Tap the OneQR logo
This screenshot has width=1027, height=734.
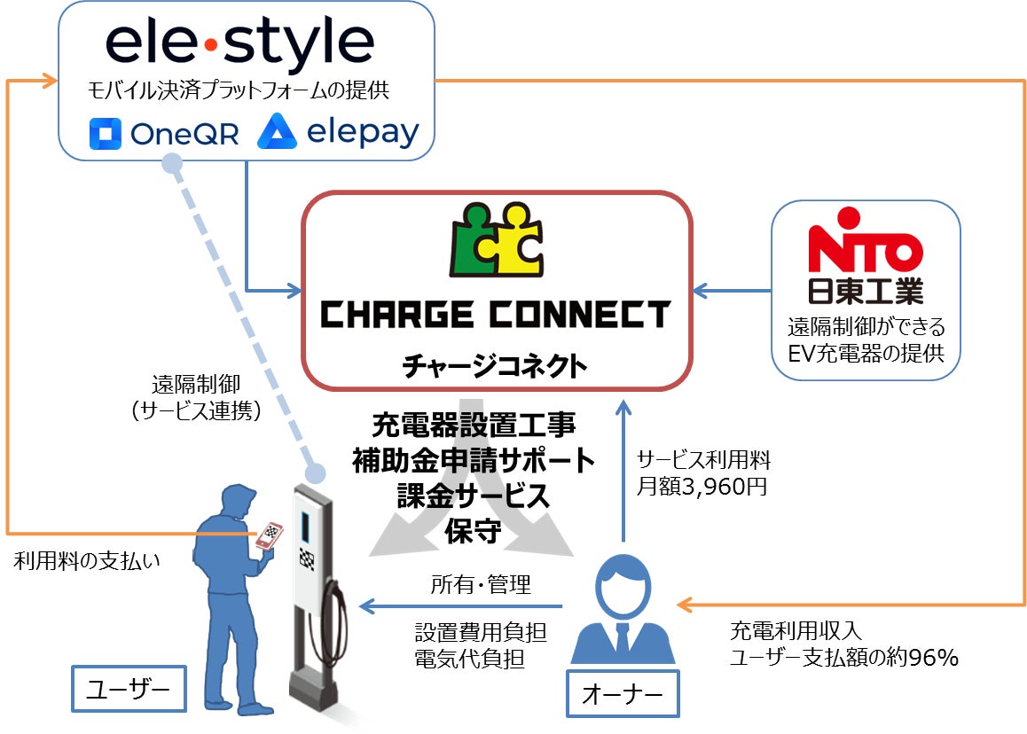(164, 134)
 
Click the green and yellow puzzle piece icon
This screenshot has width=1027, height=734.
(497, 242)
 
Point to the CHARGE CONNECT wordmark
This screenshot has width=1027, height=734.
(496, 315)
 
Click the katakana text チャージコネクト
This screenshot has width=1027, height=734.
(496, 364)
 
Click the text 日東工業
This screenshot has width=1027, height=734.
(866, 290)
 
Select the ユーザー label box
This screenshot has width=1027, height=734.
(129, 688)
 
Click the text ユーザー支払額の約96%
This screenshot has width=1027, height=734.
(843, 658)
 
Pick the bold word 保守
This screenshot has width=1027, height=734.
(473, 532)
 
